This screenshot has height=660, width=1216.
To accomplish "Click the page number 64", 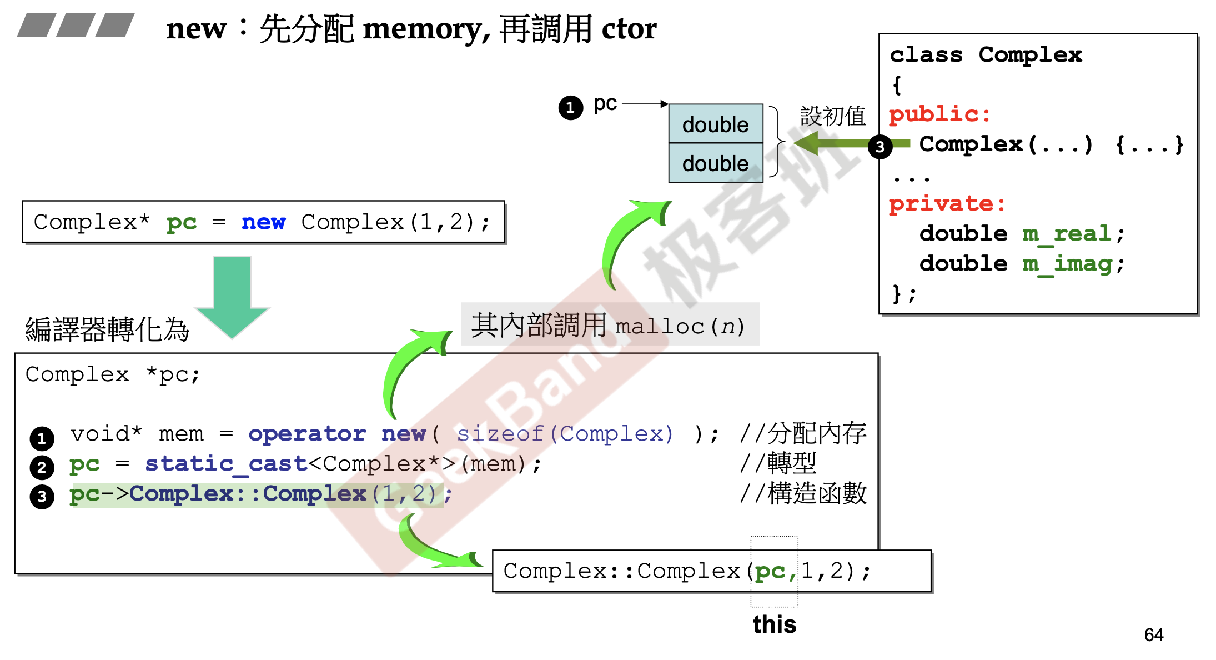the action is (x=1153, y=634).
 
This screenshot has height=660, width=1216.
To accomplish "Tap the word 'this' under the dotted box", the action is (x=774, y=624).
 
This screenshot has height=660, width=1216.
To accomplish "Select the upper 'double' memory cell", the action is (x=715, y=124).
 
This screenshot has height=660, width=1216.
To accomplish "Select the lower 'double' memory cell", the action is (x=715, y=163).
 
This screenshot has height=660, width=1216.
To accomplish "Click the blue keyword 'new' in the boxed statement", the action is (x=263, y=222).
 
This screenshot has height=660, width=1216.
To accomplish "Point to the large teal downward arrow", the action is (x=232, y=294).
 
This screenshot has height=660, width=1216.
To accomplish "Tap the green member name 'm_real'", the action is (x=1067, y=234).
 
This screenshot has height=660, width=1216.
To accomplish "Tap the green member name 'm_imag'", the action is (x=1067, y=264).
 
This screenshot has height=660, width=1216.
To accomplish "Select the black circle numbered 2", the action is (x=42, y=467).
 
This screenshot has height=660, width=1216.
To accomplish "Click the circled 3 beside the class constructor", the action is (x=880, y=147).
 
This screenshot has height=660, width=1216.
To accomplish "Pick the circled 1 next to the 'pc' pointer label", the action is (x=571, y=107).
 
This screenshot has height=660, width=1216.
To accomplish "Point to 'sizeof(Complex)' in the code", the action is (x=565, y=434).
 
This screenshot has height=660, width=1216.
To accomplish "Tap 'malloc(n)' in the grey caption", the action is (x=680, y=326).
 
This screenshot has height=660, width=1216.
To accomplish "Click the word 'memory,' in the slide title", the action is (x=426, y=29).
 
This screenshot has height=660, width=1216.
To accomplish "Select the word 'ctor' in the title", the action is (x=629, y=29).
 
